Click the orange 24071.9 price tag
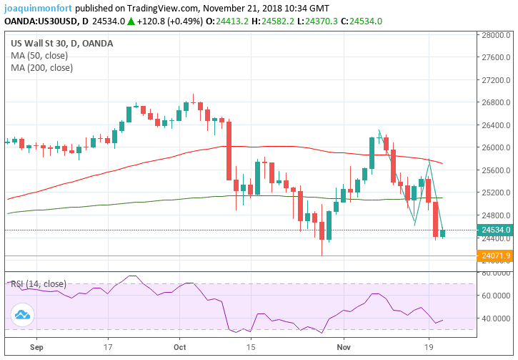(x=496, y=256)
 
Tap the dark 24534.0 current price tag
(x=496, y=230)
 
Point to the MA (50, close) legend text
(x=41, y=56)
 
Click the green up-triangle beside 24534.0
(x=131, y=21)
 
